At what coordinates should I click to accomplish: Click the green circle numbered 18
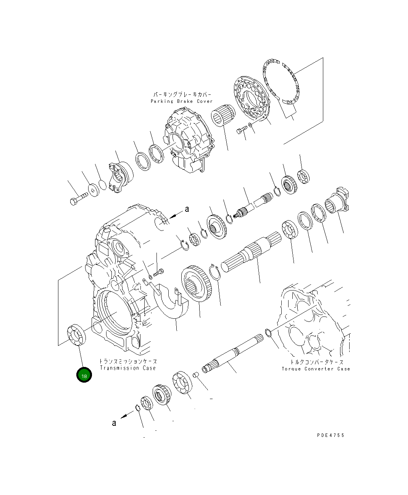click(84, 375)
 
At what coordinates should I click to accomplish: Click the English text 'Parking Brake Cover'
click(181, 101)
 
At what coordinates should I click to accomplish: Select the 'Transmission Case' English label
click(128, 368)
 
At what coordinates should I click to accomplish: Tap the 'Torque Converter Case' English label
click(316, 369)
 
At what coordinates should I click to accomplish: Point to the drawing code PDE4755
click(331, 435)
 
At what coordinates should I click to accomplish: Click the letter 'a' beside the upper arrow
click(187, 209)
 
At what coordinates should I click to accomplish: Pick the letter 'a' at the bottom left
click(114, 423)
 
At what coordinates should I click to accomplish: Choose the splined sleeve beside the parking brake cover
click(222, 115)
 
